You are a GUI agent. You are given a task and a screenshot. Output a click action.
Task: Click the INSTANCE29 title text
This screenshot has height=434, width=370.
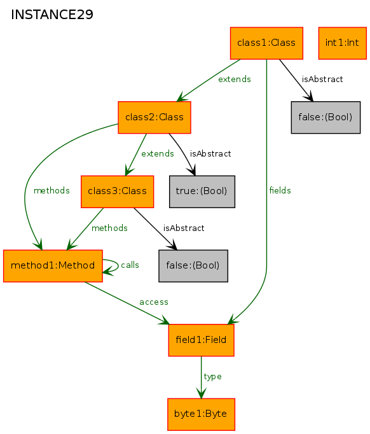(52, 15)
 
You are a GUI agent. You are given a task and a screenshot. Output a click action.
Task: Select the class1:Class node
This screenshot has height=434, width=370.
(266, 43)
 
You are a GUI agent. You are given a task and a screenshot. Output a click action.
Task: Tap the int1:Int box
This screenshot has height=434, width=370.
(343, 43)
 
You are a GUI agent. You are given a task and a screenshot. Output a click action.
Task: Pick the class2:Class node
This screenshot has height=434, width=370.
(154, 117)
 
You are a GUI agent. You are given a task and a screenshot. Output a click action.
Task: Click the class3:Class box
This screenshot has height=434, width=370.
(117, 192)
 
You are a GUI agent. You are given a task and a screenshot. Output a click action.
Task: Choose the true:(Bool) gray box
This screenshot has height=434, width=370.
(202, 192)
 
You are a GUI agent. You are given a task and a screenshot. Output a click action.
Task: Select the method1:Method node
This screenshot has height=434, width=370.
(53, 266)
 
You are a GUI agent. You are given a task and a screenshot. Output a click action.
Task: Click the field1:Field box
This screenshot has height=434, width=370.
(202, 340)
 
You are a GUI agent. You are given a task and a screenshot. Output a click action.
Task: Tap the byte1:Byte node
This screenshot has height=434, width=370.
(201, 414)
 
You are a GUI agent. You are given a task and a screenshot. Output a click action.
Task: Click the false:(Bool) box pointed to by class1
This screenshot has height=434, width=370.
(325, 117)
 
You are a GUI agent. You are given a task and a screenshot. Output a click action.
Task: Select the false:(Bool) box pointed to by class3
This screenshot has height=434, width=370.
(193, 266)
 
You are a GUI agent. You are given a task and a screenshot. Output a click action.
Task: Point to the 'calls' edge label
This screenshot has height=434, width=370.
(130, 265)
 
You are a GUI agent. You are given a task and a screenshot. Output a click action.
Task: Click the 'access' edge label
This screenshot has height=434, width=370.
(154, 302)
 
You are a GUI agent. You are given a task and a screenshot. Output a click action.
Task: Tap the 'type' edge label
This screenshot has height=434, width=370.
(212, 377)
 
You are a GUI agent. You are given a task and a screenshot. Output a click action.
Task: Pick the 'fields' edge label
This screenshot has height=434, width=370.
(280, 190)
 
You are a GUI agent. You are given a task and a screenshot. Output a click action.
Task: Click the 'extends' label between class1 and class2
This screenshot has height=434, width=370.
(235, 79)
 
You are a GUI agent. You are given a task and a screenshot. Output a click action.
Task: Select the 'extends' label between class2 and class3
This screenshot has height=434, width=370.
(158, 153)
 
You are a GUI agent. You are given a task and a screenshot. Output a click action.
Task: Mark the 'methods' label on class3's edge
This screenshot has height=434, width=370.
(109, 228)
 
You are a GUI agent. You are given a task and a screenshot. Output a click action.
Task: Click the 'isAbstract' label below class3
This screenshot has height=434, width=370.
(184, 228)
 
